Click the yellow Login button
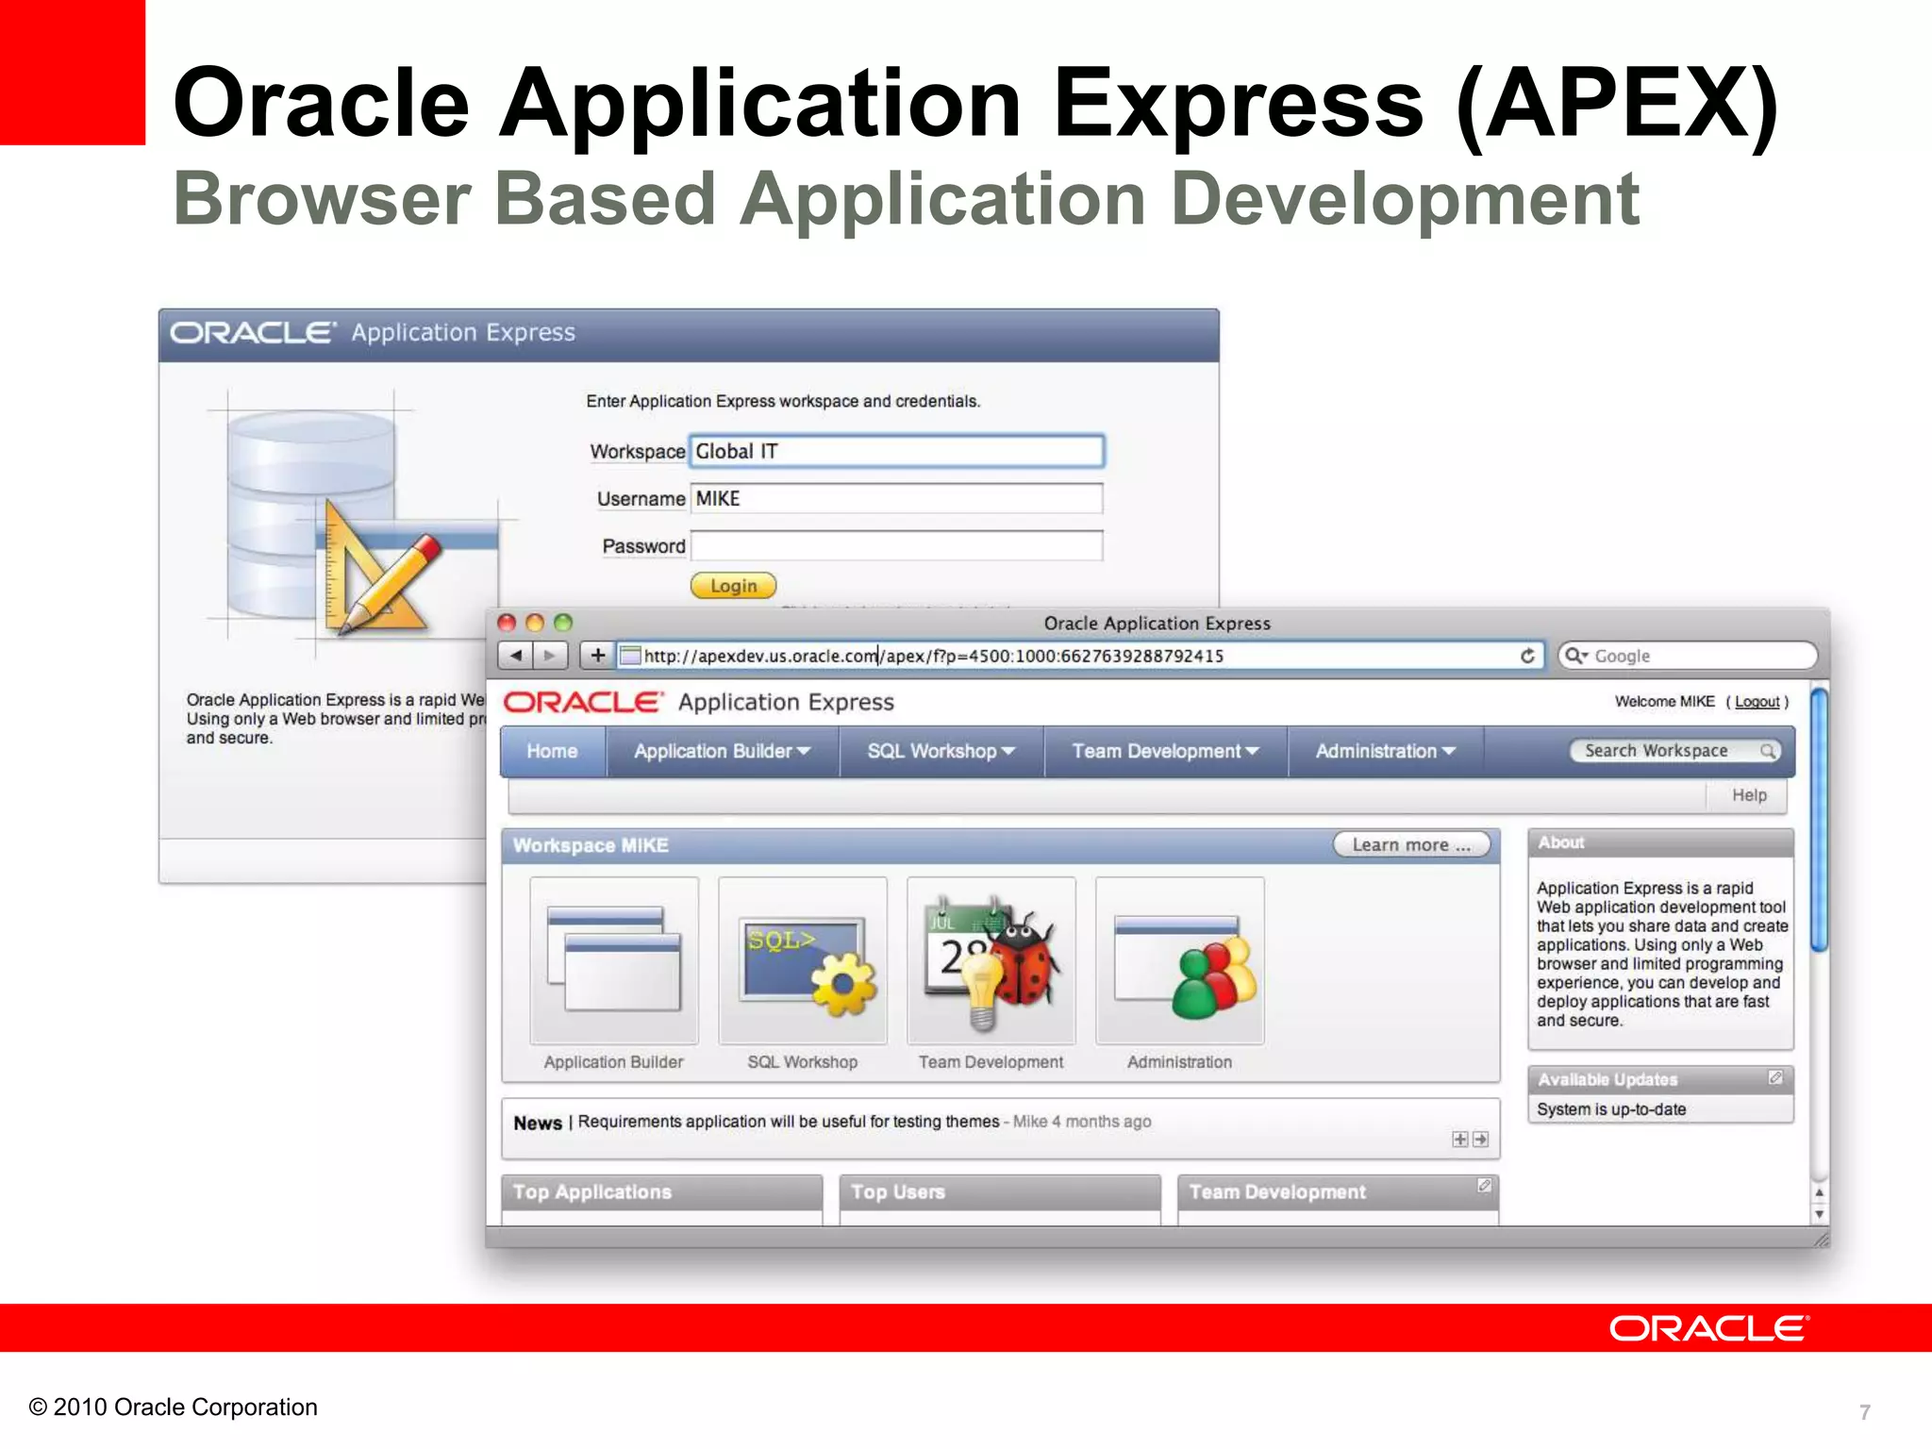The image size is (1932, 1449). point(733,586)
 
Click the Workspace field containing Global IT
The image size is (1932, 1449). point(895,451)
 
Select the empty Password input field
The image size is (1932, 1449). point(895,546)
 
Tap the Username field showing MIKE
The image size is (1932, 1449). point(895,498)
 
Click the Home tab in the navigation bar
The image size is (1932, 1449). point(552,751)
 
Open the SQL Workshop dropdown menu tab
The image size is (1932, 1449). point(941,751)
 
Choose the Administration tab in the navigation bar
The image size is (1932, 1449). point(1385,751)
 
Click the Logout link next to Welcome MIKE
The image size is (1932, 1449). point(1757,702)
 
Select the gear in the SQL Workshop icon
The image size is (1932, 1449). point(842,984)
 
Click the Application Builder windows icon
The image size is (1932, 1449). point(614,958)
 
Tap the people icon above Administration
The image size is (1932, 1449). point(1213,981)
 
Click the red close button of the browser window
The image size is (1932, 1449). point(507,623)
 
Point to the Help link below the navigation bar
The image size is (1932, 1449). point(1748,795)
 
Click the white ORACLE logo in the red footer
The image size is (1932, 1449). point(1707,1328)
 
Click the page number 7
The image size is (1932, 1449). point(1864,1411)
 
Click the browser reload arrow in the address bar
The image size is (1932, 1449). point(1527,656)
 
